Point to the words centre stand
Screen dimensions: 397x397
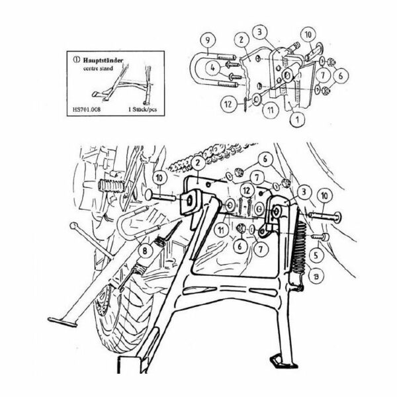click(99, 67)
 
